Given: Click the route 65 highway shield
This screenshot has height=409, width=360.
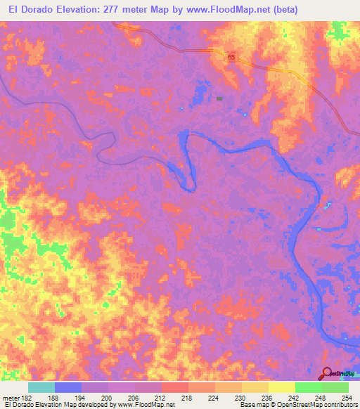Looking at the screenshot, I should click(231, 57).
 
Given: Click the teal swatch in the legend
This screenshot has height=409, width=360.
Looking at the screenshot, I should click(41, 387).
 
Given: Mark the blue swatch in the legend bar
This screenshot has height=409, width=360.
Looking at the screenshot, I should click(68, 387).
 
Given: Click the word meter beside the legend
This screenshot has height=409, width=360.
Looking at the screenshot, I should click(11, 397).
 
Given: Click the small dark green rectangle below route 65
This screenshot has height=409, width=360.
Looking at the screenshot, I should click(219, 99).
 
